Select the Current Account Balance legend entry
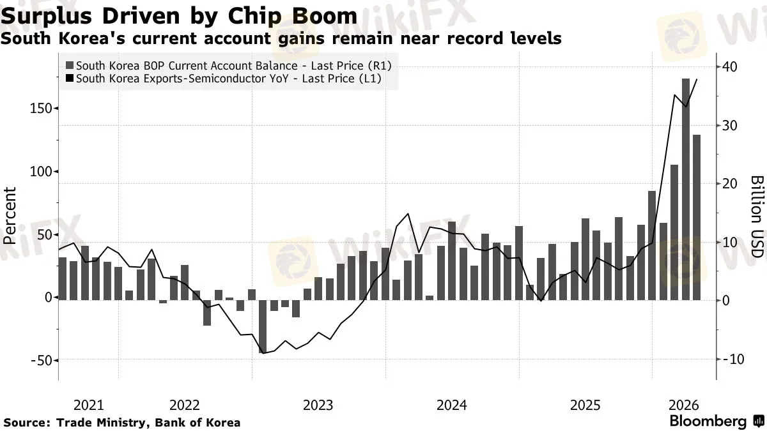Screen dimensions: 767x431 point(229,65)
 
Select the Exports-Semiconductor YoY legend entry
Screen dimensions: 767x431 point(224,79)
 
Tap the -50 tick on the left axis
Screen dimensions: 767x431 point(41,361)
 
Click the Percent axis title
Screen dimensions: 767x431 point(10,216)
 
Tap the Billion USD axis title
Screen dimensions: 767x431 point(757,216)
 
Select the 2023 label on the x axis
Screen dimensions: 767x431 point(318,405)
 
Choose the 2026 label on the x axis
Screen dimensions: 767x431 point(683,405)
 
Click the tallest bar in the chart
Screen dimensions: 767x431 point(685,190)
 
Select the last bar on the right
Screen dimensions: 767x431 point(697,218)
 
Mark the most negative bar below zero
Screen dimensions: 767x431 point(263,327)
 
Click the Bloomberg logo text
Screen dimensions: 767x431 point(708,421)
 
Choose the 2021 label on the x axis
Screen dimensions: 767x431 point(88,405)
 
